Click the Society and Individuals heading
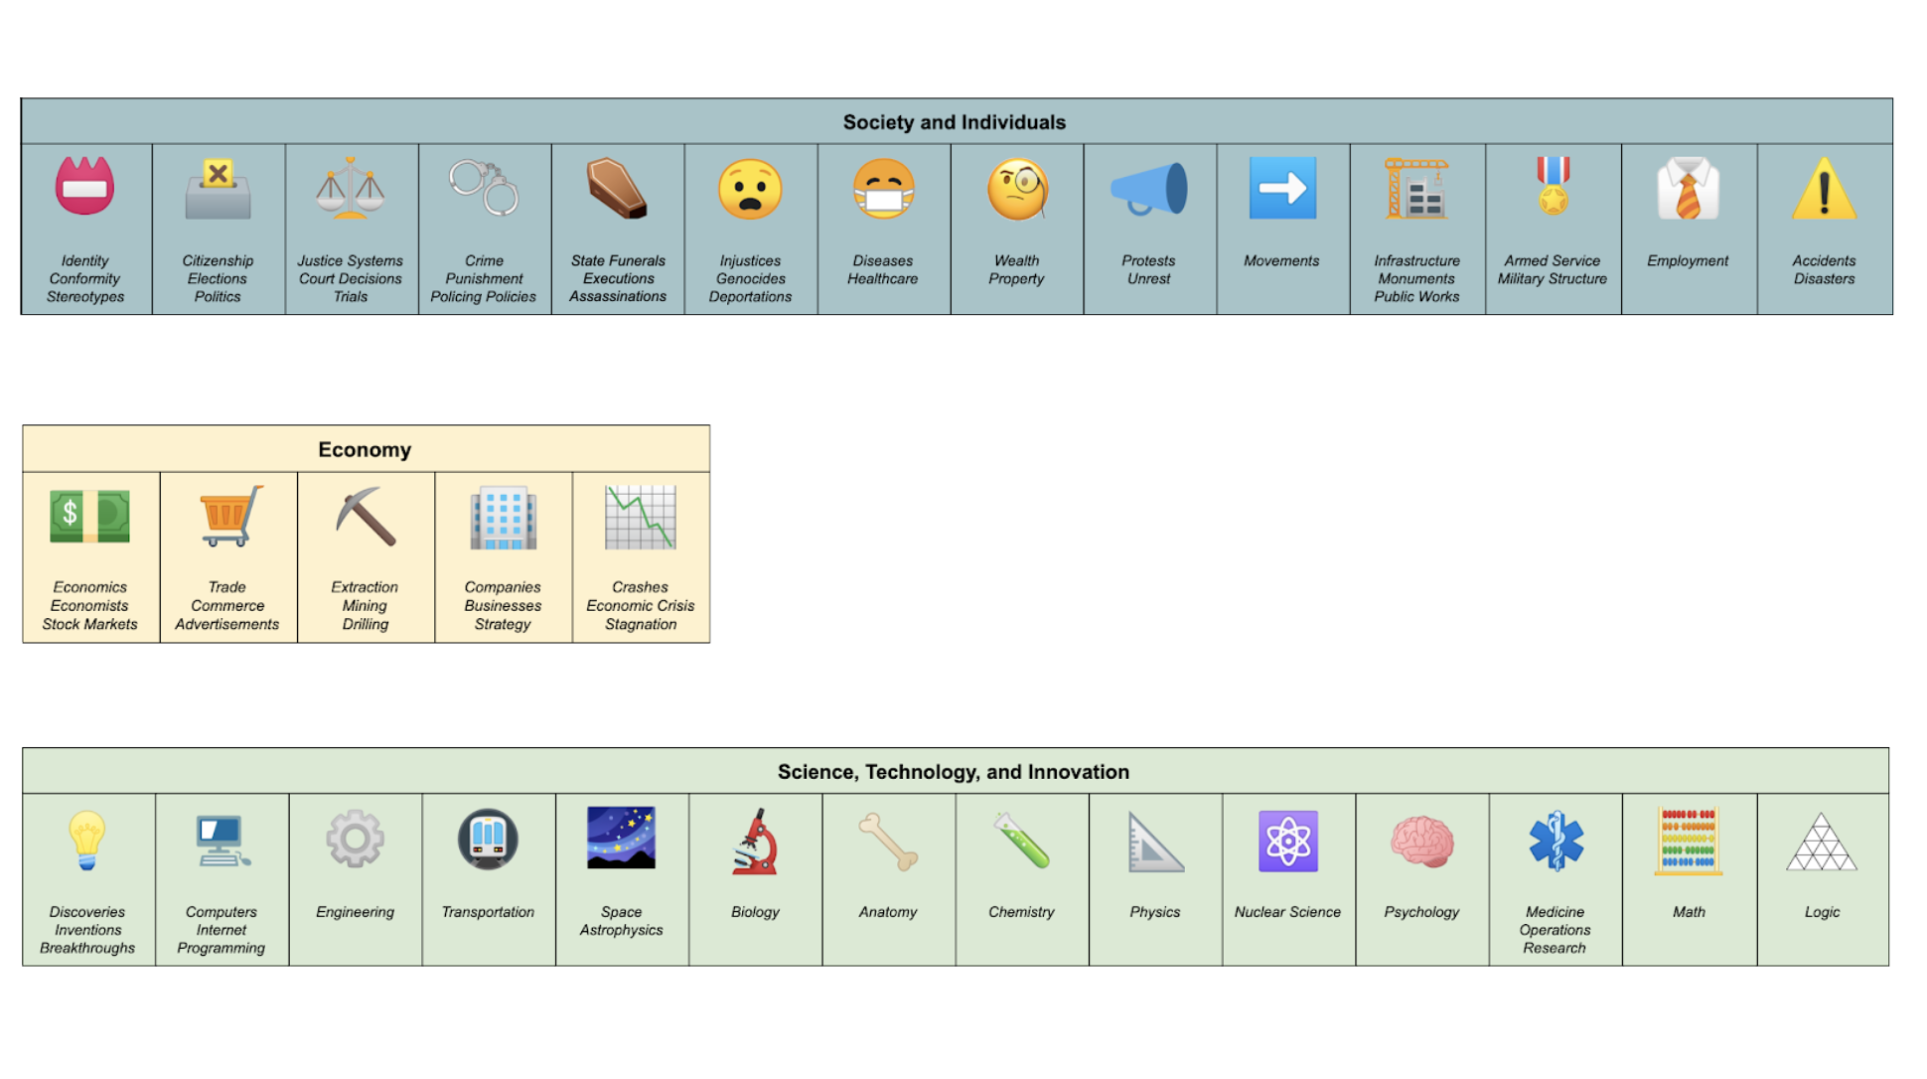pyautogui.click(x=954, y=122)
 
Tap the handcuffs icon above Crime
pyautogui.click(x=484, y=188)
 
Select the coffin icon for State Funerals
pyautogui.click(x=617, y=188)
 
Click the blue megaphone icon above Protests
pyautogui.click(x=1149, y=188)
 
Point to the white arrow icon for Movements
pyautogui.click(x=1282, y=188)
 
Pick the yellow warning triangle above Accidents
pyautogui.click(x=1824, y=188)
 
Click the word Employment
pyautogui.click(x=1688, y=260)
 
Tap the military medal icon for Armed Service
pyautogui.click(x=1553, y=186)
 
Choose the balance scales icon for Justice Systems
pyautogui.click(x=350, y=188)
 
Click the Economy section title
pyautogui.click(x=365, y=449)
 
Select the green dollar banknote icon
pyautogui.click(x=89, y=517)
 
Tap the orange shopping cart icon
pyautogui.click(x=228, y=516)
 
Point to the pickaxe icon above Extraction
pyautogui.click(x=366, y=516)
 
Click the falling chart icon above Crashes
pyautogui.click(x=641, y=517)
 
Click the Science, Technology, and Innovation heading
pyautogui.click(x=953, y=772)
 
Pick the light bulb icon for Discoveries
pyautogui.click(x=86, y=841)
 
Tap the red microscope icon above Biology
pyautogui.click(x=755, y=842)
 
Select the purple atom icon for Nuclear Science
pyautogui.click(x=1287, y=842)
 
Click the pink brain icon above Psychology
pyautogui.click(x=1421, y=842)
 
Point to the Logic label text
pyautogui.click(x=1822, y=912)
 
